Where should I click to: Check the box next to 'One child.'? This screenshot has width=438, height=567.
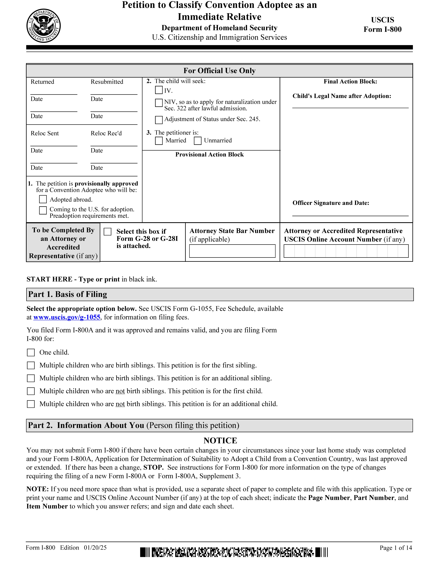click(x=31, y=353)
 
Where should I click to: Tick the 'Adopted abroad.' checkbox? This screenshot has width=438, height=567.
click(x=43, y=199)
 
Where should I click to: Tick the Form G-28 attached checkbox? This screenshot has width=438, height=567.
click(x=107, y=232)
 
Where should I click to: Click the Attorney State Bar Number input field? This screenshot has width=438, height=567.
click(x=232, y=251)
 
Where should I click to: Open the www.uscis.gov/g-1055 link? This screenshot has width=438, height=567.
click(x=67, y=317)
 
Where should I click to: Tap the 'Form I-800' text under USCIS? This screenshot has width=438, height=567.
click(x=382, y=29)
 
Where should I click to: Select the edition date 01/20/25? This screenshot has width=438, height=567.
click(x=95, y=548)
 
